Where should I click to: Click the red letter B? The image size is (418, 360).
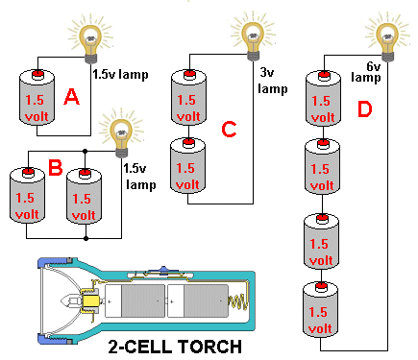click(55, 169)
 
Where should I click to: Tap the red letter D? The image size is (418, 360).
click(362, 111)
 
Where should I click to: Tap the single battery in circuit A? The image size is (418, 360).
click(37, 100)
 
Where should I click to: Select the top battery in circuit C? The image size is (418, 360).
click(190, 100)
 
